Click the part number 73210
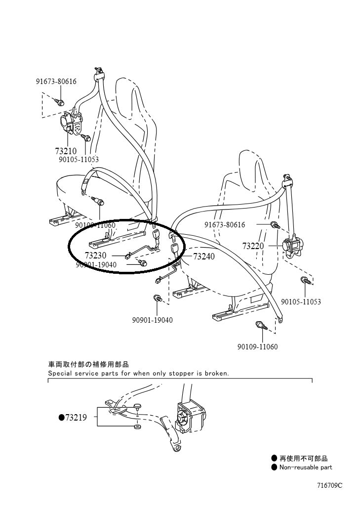coord(66,151)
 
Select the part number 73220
coord(253,246)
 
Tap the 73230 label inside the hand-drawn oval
coord(95,255)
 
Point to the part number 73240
coord(203,256)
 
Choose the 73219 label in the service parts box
coord(76,418)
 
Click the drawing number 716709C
coord(329,485)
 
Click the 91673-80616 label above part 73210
coord(56,82)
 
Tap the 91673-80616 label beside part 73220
coord(225,225)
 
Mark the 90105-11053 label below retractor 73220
coord(301,301)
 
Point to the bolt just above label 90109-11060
coord(260,326)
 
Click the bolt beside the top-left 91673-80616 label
coord(60,102)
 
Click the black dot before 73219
coord(61,418)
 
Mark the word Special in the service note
coord(60,374)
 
